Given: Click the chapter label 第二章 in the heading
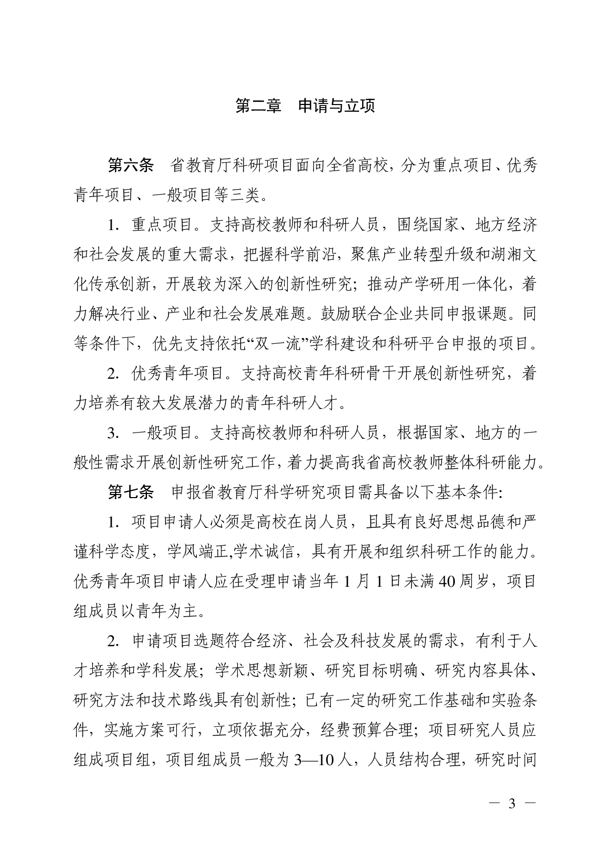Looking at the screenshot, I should (258, 106).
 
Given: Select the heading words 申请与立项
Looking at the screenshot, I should (336, 106).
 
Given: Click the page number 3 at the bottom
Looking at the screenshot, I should (511, 803).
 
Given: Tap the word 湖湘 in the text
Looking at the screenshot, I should (489, 255).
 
